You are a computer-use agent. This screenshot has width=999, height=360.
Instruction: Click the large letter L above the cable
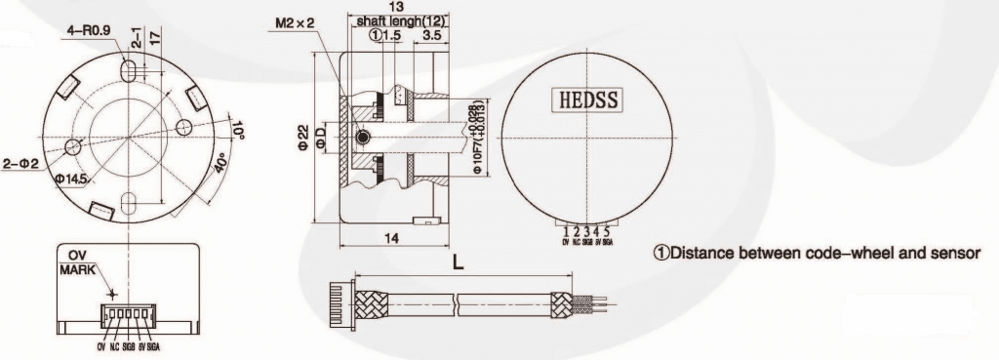click(x=457, y=260)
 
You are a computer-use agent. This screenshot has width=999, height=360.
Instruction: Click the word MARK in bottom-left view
click(x=78, y=269)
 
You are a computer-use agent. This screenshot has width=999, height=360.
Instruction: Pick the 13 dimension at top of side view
click(x=394, y=7)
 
